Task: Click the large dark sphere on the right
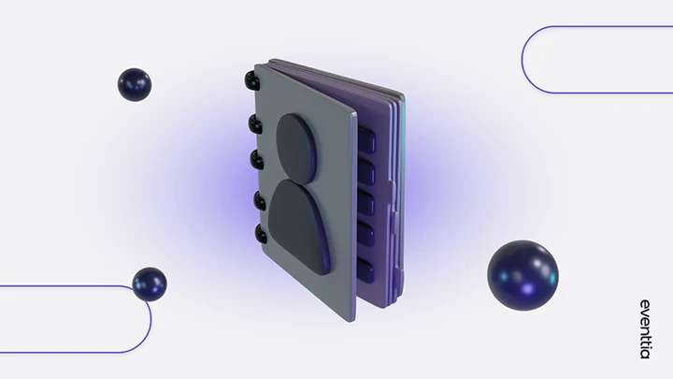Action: click(523, 275)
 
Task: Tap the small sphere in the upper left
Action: click(135, 84)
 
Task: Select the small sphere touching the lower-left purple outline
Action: click(150, 284)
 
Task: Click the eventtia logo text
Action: click(645, 329)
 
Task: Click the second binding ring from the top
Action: click(254, 124)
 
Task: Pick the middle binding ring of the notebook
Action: click(257, 160)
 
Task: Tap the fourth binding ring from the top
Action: click(260, 200)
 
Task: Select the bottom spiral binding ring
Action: click(262, 234)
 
